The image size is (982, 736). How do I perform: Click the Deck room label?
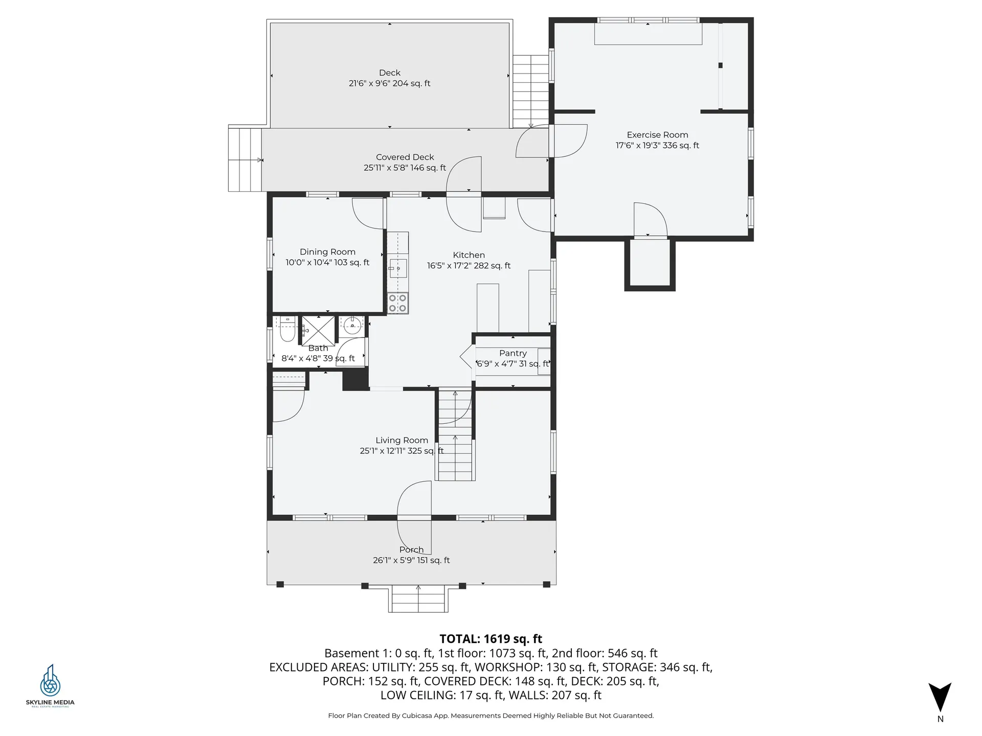click(x=389, y=73)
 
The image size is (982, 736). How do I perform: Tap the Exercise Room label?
click(x=657, y=135)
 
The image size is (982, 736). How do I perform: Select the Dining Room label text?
click(x=327, y=252)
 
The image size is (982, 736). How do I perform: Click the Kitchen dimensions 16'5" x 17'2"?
click(x=468, y=266)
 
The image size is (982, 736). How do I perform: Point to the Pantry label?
click(x=512, y=353)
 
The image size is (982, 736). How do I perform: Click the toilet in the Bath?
click(x=287, y=331)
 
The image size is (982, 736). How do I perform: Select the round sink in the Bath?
click(x=352, y=324)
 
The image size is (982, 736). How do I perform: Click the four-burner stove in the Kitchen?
click(x=397, y=303)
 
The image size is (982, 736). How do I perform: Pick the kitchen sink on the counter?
click(x=398, y=268)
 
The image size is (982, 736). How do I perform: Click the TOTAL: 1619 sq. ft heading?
click(x=490, y=639)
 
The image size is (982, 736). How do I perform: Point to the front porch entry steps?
click(x=418, y=599)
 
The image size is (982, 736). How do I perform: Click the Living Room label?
click(x=401, y=440)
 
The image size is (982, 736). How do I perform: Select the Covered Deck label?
click(x=405, y=157)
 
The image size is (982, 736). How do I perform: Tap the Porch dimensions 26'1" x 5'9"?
click(x=411, y=560)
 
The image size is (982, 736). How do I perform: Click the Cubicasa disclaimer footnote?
click(x=490, y=716)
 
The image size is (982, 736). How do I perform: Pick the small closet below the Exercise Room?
click(x=650, y=264)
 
